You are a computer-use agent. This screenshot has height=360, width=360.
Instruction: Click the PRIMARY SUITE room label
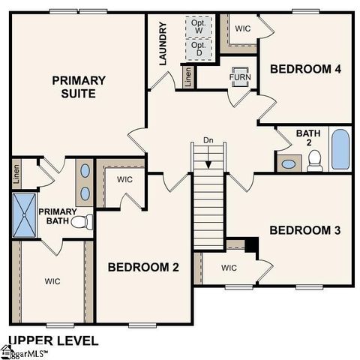(x=78, y=86)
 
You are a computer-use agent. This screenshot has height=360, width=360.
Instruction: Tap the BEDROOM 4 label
(x=305, y=69)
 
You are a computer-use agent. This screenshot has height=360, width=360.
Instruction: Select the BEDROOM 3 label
(x=305, y=230)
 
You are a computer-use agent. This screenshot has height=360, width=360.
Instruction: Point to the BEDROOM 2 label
(x=143, y=267)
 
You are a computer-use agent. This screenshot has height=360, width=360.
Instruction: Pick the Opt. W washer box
(x=199, y=26)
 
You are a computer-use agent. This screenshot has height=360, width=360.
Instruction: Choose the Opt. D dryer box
(x=199, y=49)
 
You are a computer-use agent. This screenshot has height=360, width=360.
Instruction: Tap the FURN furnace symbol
(x=240, y=77)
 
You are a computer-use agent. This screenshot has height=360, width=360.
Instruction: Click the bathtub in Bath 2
(x=340, y=149)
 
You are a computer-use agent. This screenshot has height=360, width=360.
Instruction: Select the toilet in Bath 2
(x=314, y=160)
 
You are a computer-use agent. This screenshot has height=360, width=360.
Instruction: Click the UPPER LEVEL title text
(x=53, y=340)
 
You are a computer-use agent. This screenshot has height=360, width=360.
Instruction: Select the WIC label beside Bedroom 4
(x=242, y=28)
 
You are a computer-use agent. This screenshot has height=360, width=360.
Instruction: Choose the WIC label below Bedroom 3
(x=229, y=268)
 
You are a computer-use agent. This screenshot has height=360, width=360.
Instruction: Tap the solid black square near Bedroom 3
(x=252, y=245)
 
